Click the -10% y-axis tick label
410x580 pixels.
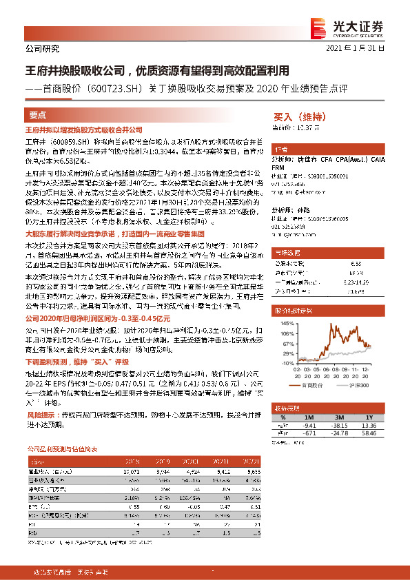[279, 362]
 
